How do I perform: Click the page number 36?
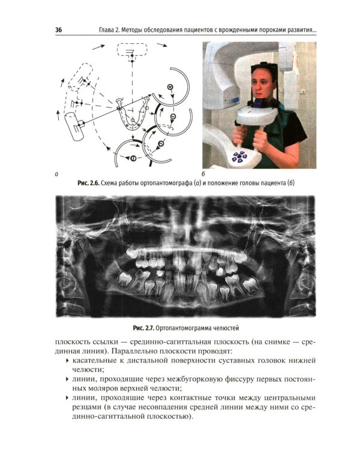pyautogui.click(x=58, y=30)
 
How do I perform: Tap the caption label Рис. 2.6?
pyautogui.click(x=88, y=183)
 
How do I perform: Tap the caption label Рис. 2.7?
pyautogui.click(x=144, y=328)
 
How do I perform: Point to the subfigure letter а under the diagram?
pyautogui.click(x=56, y=174)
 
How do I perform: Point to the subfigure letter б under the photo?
pyautogui.click(x=203, y=174)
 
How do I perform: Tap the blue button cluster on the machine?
pyautogui.click(x=239, y=156)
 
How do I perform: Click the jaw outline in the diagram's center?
pyautogui.click(x=132, y=115)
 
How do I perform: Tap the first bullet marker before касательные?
pyautogui.click(x=67, y=360)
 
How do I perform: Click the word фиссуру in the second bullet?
pyautogui.click(x=235, y=379)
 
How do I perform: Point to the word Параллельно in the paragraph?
pyautogui.click(x=133, y=351)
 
